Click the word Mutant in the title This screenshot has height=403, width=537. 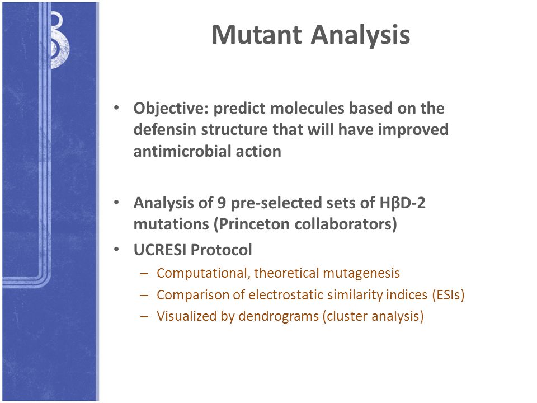click(257, 35)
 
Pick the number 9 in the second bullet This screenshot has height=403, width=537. click(222, 203)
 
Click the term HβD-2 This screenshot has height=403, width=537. click(402, 203)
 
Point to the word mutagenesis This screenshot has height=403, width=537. click(361, 274)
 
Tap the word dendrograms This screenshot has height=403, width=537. click(279, 316)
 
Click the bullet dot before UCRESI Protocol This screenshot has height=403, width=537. click(116, 250)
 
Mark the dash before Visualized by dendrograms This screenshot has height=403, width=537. click(144, 316)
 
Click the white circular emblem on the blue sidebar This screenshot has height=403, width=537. click(59, 40)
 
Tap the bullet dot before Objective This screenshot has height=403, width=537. click(116, 108)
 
